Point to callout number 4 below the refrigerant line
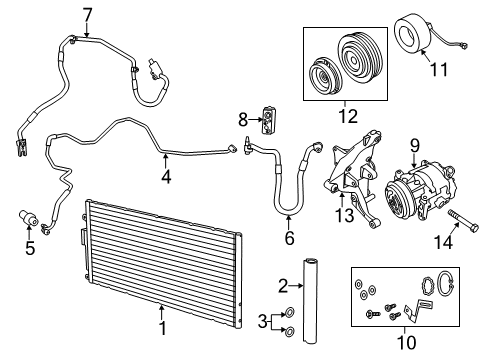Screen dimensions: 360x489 [x=166, y=176]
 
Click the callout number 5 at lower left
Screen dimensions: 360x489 [x=30, y=248]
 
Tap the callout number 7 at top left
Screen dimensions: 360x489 [x=87, y=13]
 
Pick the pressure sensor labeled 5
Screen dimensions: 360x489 [x=28, y=220]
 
